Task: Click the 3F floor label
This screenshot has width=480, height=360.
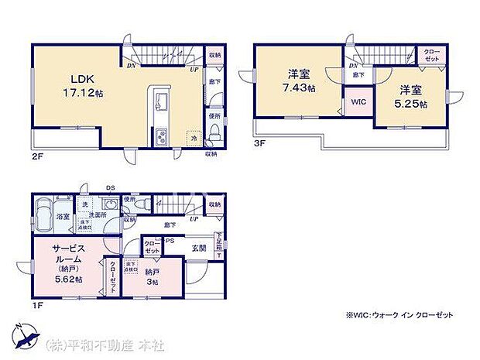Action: [259, 142]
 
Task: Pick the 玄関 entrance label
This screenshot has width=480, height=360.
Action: [199, 249]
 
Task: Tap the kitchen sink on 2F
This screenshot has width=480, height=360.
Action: [162, 103]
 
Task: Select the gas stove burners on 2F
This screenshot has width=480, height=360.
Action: [163, 137]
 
